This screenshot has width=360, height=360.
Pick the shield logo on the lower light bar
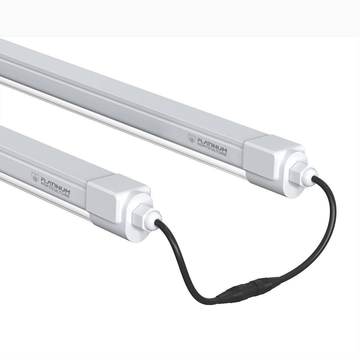point(34,176)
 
